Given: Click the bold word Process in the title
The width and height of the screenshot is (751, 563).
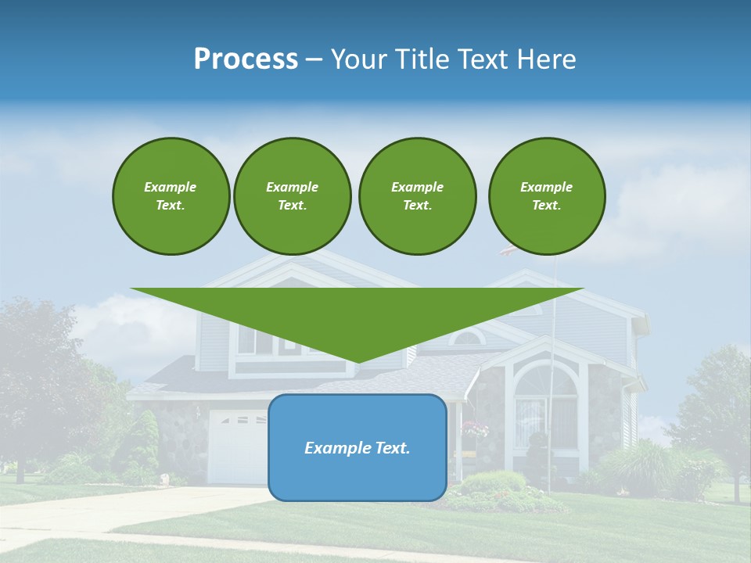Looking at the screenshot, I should tap(246, 59).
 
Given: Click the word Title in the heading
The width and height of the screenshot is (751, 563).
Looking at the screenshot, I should tap(422, 59).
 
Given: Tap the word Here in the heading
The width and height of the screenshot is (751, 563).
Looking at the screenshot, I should tap(545, 59).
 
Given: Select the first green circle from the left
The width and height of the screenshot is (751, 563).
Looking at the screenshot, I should tap(171, 196).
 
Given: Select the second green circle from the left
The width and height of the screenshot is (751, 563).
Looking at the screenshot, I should tap(292, 196).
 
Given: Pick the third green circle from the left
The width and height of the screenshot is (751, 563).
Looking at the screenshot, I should tap(417, 196).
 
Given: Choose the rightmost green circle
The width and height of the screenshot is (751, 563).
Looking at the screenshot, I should tap(546, 196).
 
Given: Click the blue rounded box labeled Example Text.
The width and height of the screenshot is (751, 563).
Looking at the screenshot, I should tap(357, 447).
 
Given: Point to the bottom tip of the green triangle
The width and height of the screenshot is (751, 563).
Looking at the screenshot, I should tap(358, 362).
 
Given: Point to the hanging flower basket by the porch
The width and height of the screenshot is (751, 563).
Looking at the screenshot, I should tap(475, 429).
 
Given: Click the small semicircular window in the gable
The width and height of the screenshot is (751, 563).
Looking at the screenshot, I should tap(469, 338).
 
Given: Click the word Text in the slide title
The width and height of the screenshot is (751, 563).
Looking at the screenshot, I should tap(485, 59).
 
